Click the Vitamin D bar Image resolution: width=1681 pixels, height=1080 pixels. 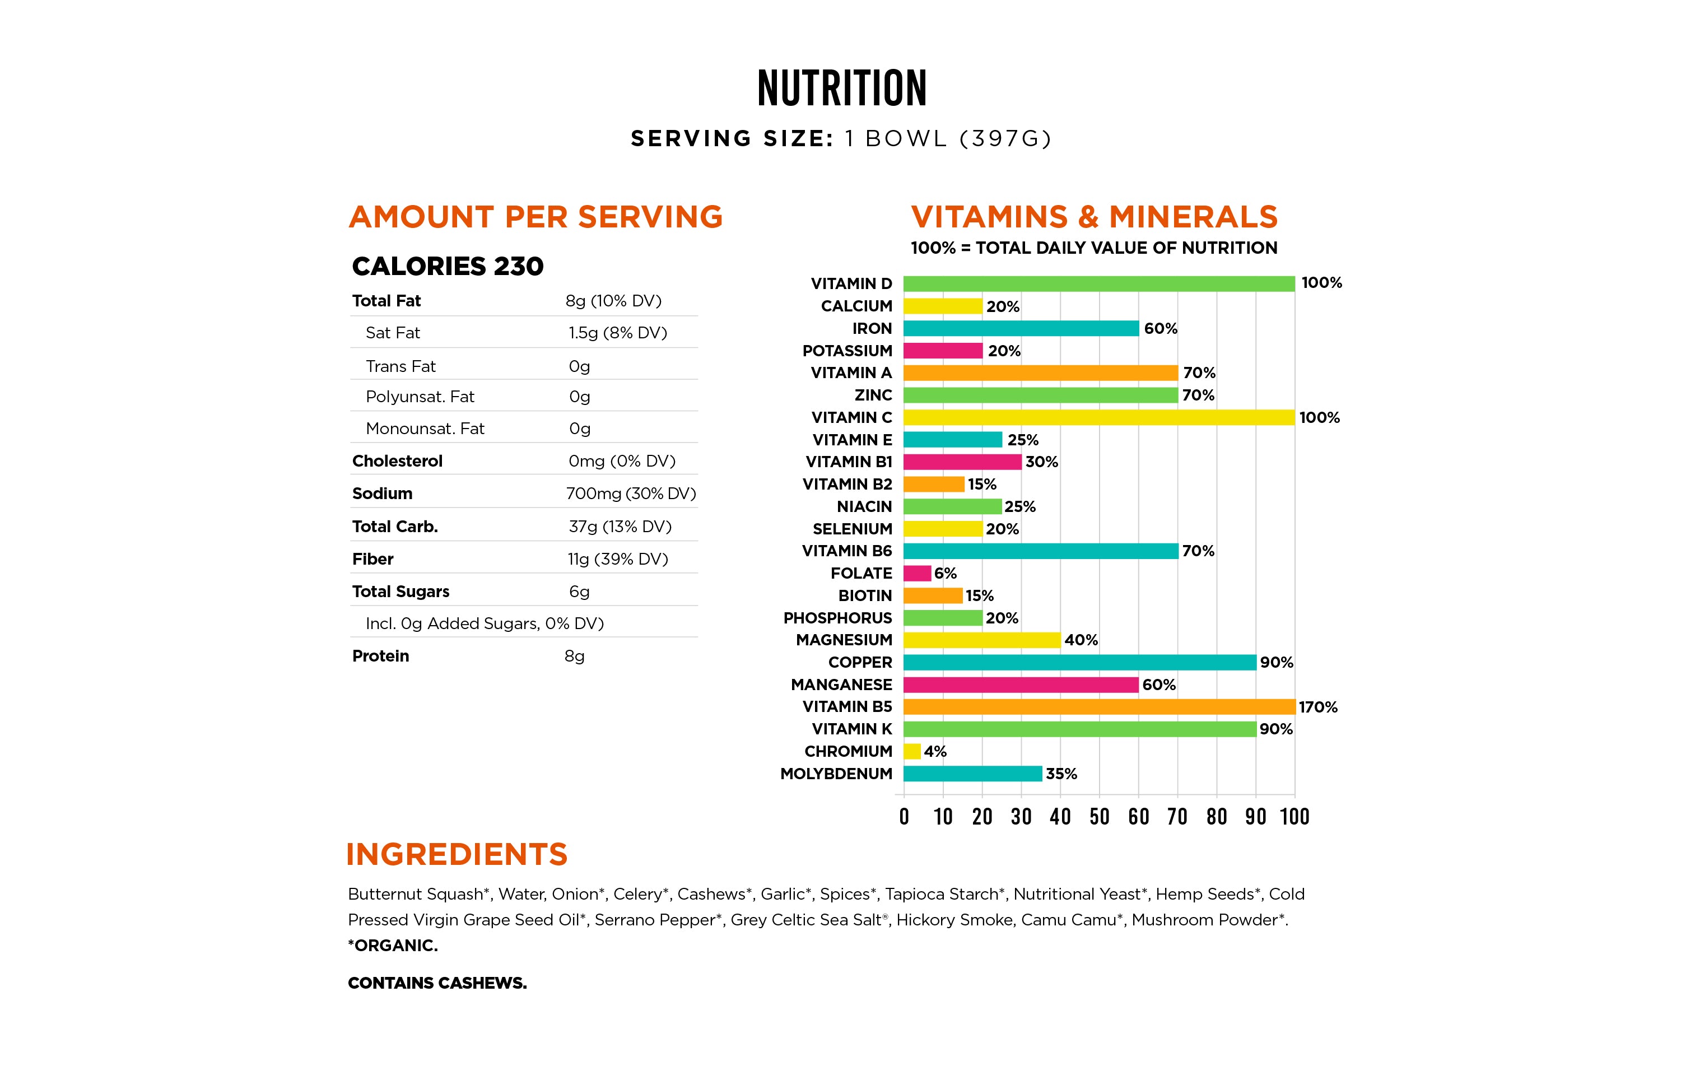click(1099, 283)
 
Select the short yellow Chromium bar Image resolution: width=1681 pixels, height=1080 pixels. click(912, 751)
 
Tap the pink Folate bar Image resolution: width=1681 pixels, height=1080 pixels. click(918, 573)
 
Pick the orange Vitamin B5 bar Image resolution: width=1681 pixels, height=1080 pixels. click(1099, 706)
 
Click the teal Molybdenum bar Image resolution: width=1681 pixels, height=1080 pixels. click(972, 774)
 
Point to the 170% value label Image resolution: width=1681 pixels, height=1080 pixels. click(1317, 707)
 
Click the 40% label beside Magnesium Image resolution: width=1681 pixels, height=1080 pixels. click(1081, 640)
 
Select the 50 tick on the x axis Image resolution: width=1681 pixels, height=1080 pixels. click(1099, 816)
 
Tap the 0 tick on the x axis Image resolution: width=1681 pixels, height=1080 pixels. click(904, 816)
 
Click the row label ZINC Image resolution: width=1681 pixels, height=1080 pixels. click(873, 395)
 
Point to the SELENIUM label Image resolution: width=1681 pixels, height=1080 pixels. click(852, 529)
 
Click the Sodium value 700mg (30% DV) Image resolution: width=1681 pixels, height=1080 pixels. click(631, 494)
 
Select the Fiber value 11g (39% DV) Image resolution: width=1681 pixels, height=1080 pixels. click(618, 559)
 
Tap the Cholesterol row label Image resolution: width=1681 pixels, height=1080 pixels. click(397, 461)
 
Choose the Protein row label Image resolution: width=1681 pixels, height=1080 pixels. click(380, 656)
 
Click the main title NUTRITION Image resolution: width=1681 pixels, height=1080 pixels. click(841, 89)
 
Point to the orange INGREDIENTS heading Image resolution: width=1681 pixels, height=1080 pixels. click(457, 854)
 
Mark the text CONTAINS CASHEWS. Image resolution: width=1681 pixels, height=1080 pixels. click(437, 983)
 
